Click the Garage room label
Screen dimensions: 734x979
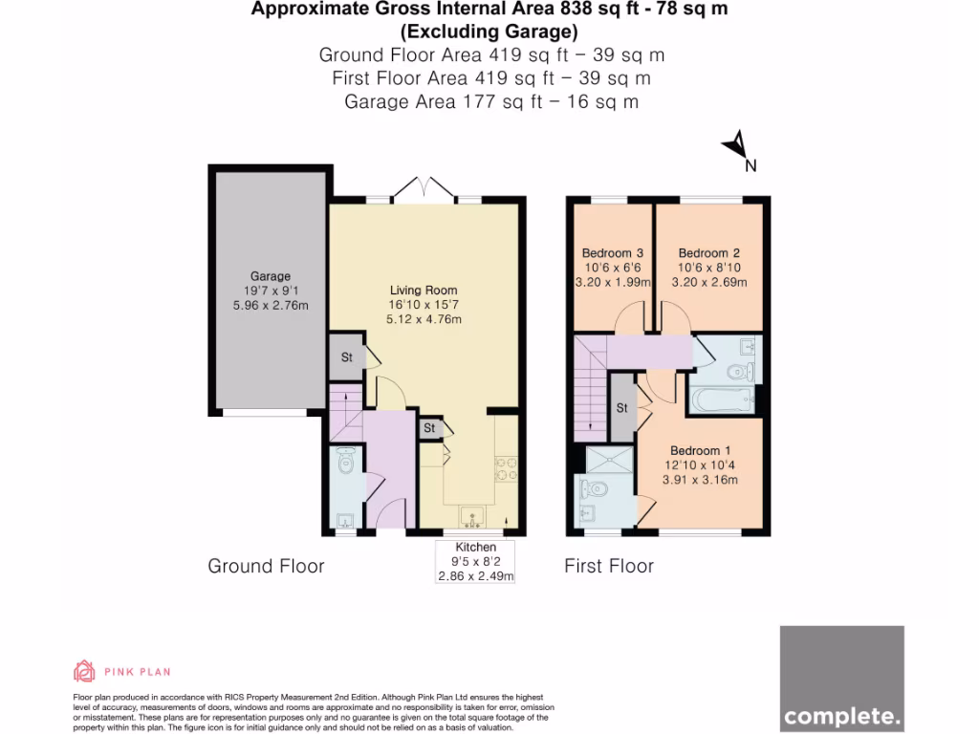coord(270,276)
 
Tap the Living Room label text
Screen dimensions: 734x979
coord(423,290)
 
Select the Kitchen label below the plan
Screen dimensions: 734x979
coord(475,547)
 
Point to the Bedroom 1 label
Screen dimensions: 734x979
coord(700,451)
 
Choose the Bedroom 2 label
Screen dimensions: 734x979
coord(709,253)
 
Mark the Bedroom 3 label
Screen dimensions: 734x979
coord(612,253)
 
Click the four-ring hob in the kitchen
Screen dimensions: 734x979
coord(506,467)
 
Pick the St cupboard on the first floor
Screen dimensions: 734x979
coord(622,408)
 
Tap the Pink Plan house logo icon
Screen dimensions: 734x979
coord(84,671)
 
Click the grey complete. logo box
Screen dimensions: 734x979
coord(841,678)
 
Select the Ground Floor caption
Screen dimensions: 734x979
coord(266,566)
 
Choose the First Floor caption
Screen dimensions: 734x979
coord(609,566)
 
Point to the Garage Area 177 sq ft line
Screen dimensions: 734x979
coord(492,101)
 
